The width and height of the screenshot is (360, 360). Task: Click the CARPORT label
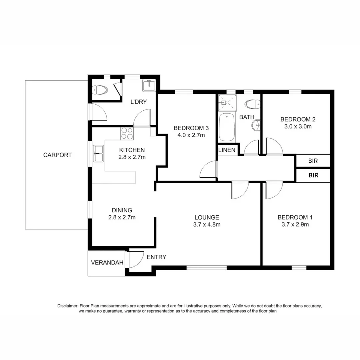tap(57, 155)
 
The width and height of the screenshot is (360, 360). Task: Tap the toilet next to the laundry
tap(100, 90)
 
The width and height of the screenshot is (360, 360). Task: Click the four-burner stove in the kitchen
tap(127, 133)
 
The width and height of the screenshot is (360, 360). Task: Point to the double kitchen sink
tap(98, 154)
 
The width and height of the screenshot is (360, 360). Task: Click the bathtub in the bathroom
tap(227, 127)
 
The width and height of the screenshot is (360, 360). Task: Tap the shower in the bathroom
tap(227, 102)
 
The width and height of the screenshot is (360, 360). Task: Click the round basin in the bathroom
tap(257, 126)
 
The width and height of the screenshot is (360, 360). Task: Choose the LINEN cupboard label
tap(227, 150)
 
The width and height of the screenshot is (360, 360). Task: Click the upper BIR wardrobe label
tap(313, 161)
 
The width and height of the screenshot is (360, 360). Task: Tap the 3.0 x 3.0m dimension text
tap(298, 127)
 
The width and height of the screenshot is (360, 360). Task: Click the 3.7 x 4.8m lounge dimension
tap(207, 224)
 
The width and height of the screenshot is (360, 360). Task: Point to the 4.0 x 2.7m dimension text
tap(191, 135)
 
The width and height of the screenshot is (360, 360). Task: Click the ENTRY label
tap(156, 257)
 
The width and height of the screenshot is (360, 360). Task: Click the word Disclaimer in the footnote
tap(68, 305)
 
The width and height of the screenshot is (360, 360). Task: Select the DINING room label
tap(122, 210)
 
